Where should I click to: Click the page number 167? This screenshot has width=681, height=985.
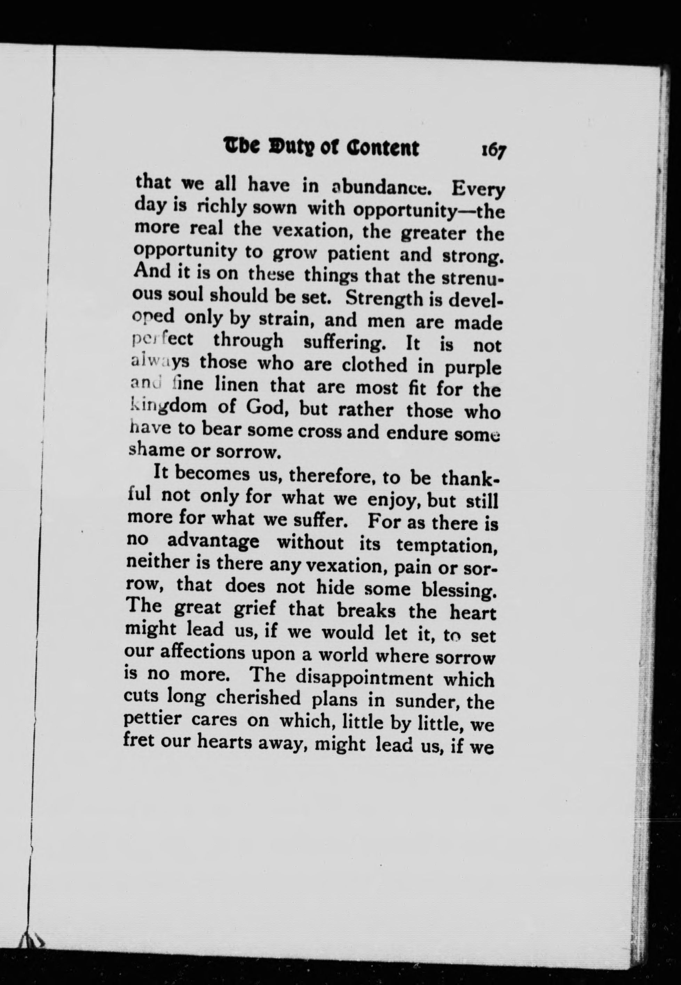point(493,151)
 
